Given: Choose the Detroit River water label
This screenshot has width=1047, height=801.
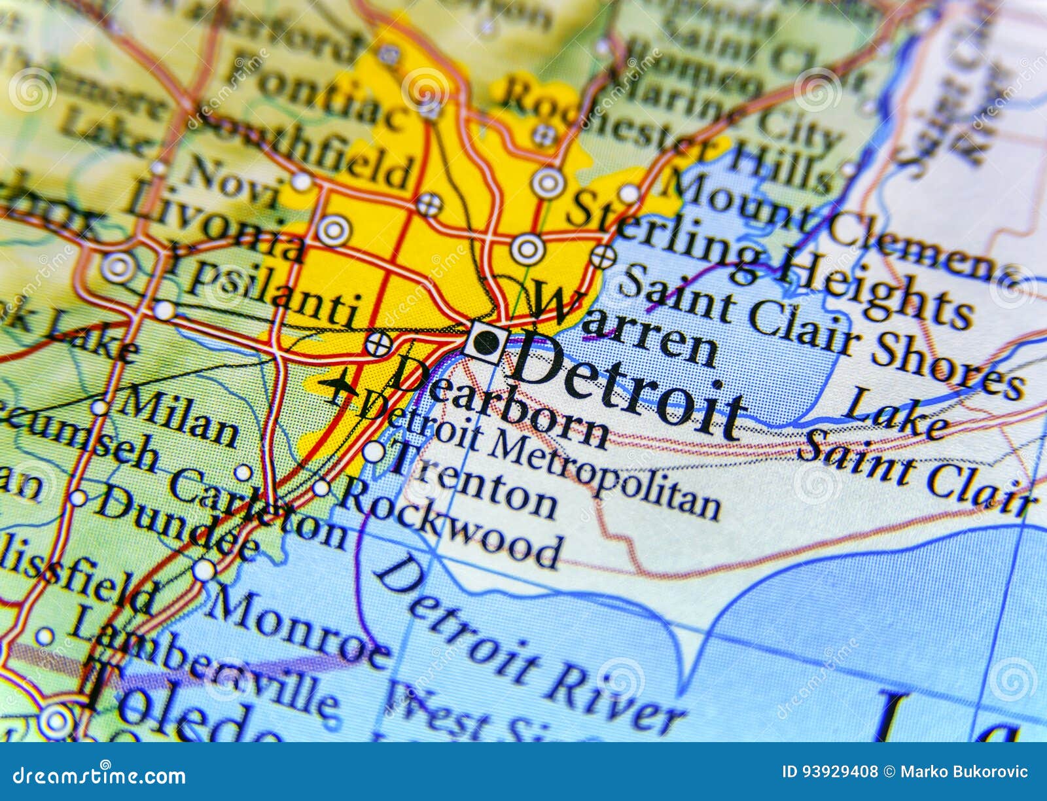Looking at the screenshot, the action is (x=523, y=645).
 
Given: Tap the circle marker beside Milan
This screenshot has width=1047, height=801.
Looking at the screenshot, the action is (x=99, y=407).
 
